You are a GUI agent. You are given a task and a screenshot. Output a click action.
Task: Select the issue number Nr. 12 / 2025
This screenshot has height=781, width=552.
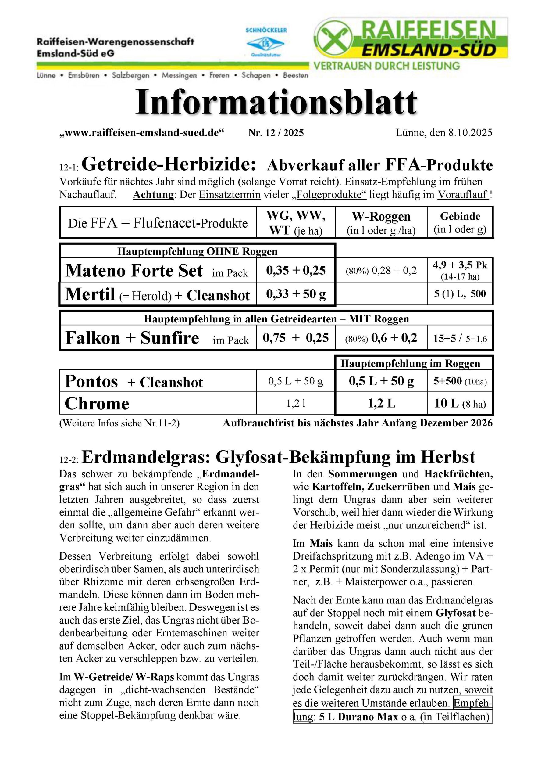pos(276,133)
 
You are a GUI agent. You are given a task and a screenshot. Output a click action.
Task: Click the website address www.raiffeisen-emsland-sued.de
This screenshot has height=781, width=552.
pos(142,133)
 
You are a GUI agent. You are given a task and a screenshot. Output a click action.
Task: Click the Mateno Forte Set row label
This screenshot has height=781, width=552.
pos(134,271)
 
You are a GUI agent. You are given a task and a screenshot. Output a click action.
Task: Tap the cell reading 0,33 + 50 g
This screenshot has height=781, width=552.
pos(296,294)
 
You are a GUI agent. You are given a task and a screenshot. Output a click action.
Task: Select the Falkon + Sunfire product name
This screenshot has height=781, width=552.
pos(132,338)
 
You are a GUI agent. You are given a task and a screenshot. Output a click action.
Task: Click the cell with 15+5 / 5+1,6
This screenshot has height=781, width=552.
pos(460,338)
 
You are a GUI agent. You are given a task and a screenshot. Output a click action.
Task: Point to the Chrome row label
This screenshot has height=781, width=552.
pos(97,403)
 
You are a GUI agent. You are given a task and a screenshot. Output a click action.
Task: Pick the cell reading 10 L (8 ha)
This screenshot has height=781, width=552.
pos(460,403)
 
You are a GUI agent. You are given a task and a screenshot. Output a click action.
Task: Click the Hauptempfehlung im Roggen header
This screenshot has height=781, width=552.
pos(410,363)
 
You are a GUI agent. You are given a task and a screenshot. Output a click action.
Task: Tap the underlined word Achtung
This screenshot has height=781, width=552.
pos(153,195)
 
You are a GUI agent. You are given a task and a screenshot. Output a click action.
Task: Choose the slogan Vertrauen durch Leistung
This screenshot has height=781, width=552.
pos(386,66)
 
